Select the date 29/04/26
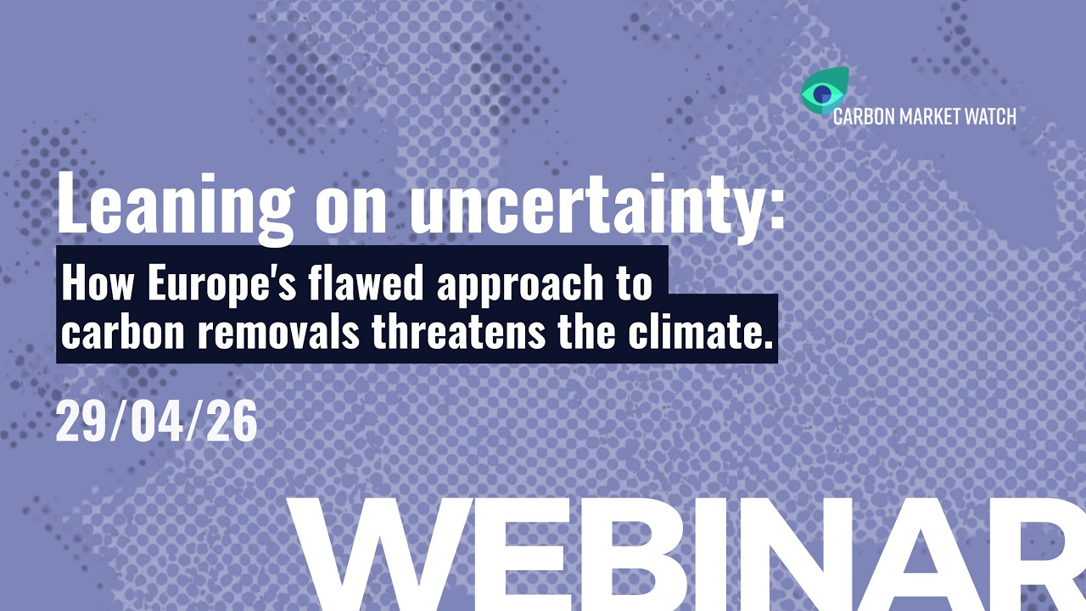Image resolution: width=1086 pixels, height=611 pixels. pos(156,423)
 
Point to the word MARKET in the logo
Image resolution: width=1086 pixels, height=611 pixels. pos(925,116)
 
